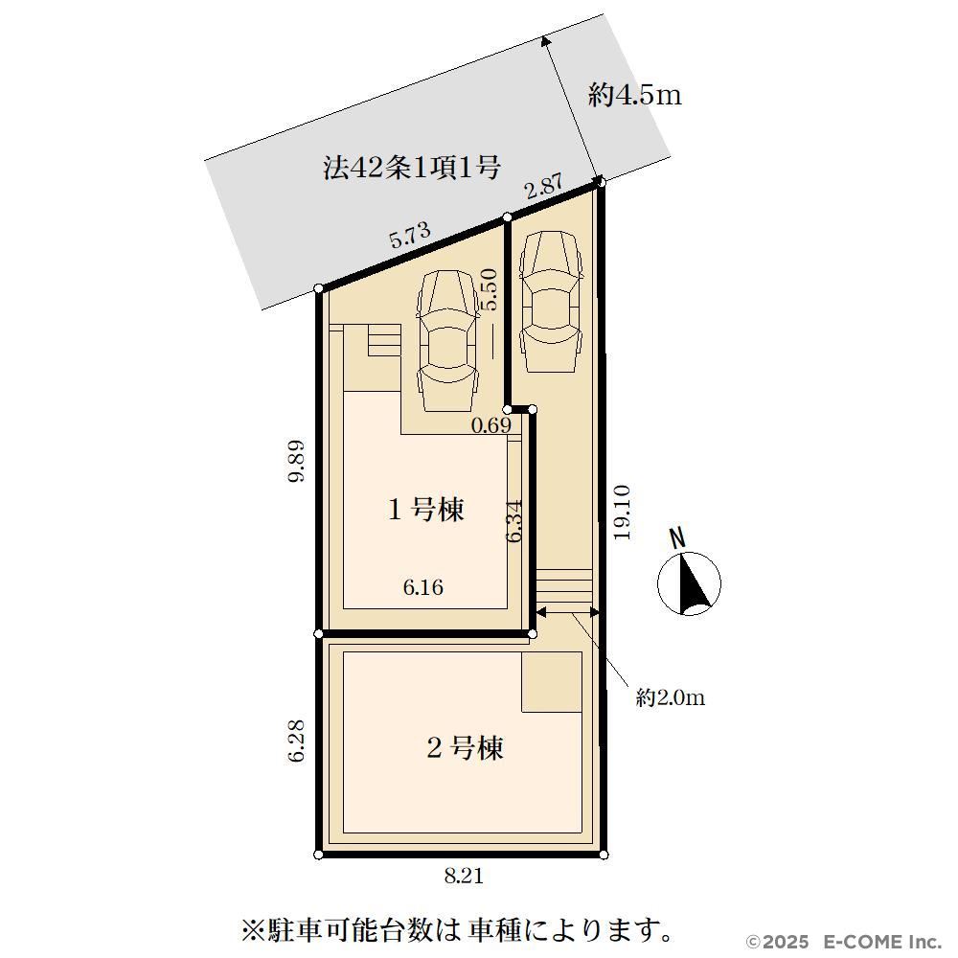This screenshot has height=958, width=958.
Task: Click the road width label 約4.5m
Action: click(635, 95)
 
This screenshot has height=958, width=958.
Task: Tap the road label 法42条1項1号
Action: click(412, 168)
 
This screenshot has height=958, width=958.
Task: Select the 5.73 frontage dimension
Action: click(411, 234)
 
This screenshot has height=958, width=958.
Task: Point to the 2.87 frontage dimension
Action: click(544, 187)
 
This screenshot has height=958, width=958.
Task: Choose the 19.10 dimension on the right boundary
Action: click(622, 512)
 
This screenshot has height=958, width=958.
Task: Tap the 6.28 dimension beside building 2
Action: click(296, 741)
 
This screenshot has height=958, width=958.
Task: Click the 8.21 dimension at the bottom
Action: click(464, 877)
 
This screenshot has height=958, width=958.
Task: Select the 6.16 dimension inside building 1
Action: click(423, 587)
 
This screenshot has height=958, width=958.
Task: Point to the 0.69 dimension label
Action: click(490, 424)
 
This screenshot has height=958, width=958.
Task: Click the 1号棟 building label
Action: click(426, 509)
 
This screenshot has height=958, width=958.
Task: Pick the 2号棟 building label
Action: click(465, 747)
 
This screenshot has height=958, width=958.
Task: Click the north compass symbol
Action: click(689, 582)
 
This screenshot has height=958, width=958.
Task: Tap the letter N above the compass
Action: click(677, 538)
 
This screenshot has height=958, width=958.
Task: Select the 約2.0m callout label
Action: click(671, 697)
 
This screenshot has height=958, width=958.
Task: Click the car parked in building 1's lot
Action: click(447, 340)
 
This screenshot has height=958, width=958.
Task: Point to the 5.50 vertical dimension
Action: click(490, 290)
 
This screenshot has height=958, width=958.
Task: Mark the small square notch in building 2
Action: click(551, 682)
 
